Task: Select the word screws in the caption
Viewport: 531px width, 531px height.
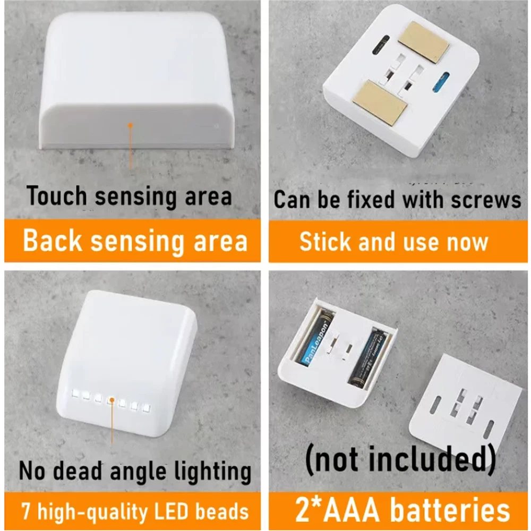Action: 486,199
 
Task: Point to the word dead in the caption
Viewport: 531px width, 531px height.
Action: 77,470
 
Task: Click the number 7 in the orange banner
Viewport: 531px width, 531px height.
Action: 25,511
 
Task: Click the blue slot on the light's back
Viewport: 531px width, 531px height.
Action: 441,82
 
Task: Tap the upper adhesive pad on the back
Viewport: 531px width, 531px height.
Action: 424,41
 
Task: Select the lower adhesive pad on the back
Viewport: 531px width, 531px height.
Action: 379,102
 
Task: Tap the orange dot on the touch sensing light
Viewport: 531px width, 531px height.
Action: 130,126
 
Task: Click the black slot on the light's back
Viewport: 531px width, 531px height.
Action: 381,45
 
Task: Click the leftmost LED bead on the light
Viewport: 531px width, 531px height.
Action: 75,393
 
